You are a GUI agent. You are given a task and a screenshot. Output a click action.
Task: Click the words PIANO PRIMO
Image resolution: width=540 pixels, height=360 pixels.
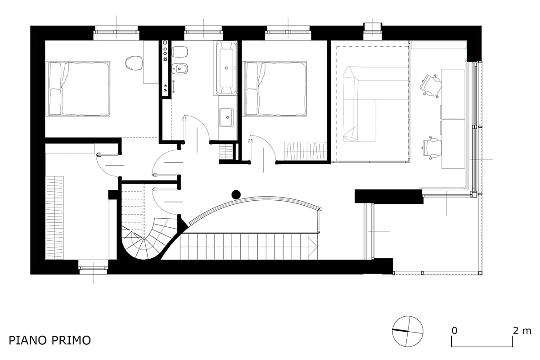point(49,340)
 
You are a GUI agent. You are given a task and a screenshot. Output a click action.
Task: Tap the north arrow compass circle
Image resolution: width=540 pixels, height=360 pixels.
point(407,331)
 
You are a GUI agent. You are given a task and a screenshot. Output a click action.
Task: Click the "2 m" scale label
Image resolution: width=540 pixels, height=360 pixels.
point(522,331)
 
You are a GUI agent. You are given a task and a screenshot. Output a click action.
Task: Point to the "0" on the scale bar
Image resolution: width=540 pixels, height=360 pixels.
point(454,331)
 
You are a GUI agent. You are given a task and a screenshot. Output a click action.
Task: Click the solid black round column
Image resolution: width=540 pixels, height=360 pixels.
point(236,194)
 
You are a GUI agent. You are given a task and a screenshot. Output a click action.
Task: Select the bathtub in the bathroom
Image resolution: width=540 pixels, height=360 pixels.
point(226,68)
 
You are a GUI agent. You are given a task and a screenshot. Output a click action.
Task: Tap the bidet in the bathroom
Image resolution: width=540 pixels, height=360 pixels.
point(180,69)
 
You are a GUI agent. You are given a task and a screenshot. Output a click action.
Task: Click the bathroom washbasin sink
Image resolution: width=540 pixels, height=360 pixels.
point(226,117)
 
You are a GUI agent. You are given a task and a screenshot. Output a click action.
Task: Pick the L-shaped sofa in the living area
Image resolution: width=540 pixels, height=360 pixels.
point(359,103)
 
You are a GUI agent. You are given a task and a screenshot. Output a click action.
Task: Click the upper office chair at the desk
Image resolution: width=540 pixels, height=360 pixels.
point(431,85)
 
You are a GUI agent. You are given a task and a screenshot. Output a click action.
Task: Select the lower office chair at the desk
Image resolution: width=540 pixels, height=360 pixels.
point(433,148)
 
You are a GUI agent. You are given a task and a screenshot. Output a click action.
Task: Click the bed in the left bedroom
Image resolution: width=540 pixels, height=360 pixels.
point(78,89)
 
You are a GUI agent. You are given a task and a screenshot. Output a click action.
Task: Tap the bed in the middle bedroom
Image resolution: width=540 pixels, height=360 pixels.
point(275,89)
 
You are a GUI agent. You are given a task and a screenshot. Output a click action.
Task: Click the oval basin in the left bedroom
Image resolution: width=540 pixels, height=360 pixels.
point(134,63)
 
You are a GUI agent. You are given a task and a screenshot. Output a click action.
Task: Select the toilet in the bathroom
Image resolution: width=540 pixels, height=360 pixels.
point(180,52)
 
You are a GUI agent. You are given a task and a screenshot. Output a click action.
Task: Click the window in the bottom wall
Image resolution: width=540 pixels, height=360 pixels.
point(93,268)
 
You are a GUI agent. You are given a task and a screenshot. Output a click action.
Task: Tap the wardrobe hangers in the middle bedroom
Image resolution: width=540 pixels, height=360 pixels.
point(305,151)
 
